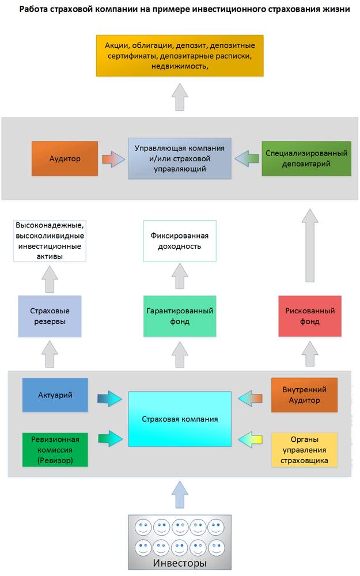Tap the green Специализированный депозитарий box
(x=306, y=158)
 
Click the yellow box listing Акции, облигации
(x=180, y=55)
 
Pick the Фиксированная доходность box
(x=179, y=241)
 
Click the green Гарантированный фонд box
(x=179, y=316)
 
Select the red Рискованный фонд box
(x=309, y=316)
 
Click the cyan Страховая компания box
(x=179, y=419)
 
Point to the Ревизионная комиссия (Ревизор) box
(x=55, y=449)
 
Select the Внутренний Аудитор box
(x=304, y=395)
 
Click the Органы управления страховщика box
(x=304, y=449)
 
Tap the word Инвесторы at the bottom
(x=179, y=563)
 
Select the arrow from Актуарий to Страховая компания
(x=108, y=397)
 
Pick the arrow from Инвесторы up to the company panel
(x=179, y=496)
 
